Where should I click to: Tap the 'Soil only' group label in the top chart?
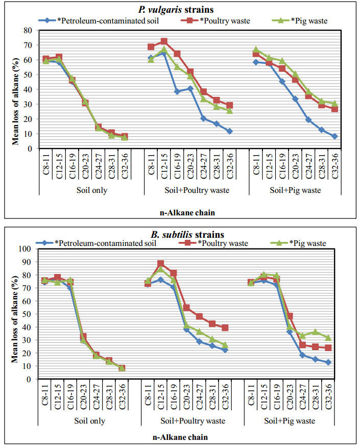85,190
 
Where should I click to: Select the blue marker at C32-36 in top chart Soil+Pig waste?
334,136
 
